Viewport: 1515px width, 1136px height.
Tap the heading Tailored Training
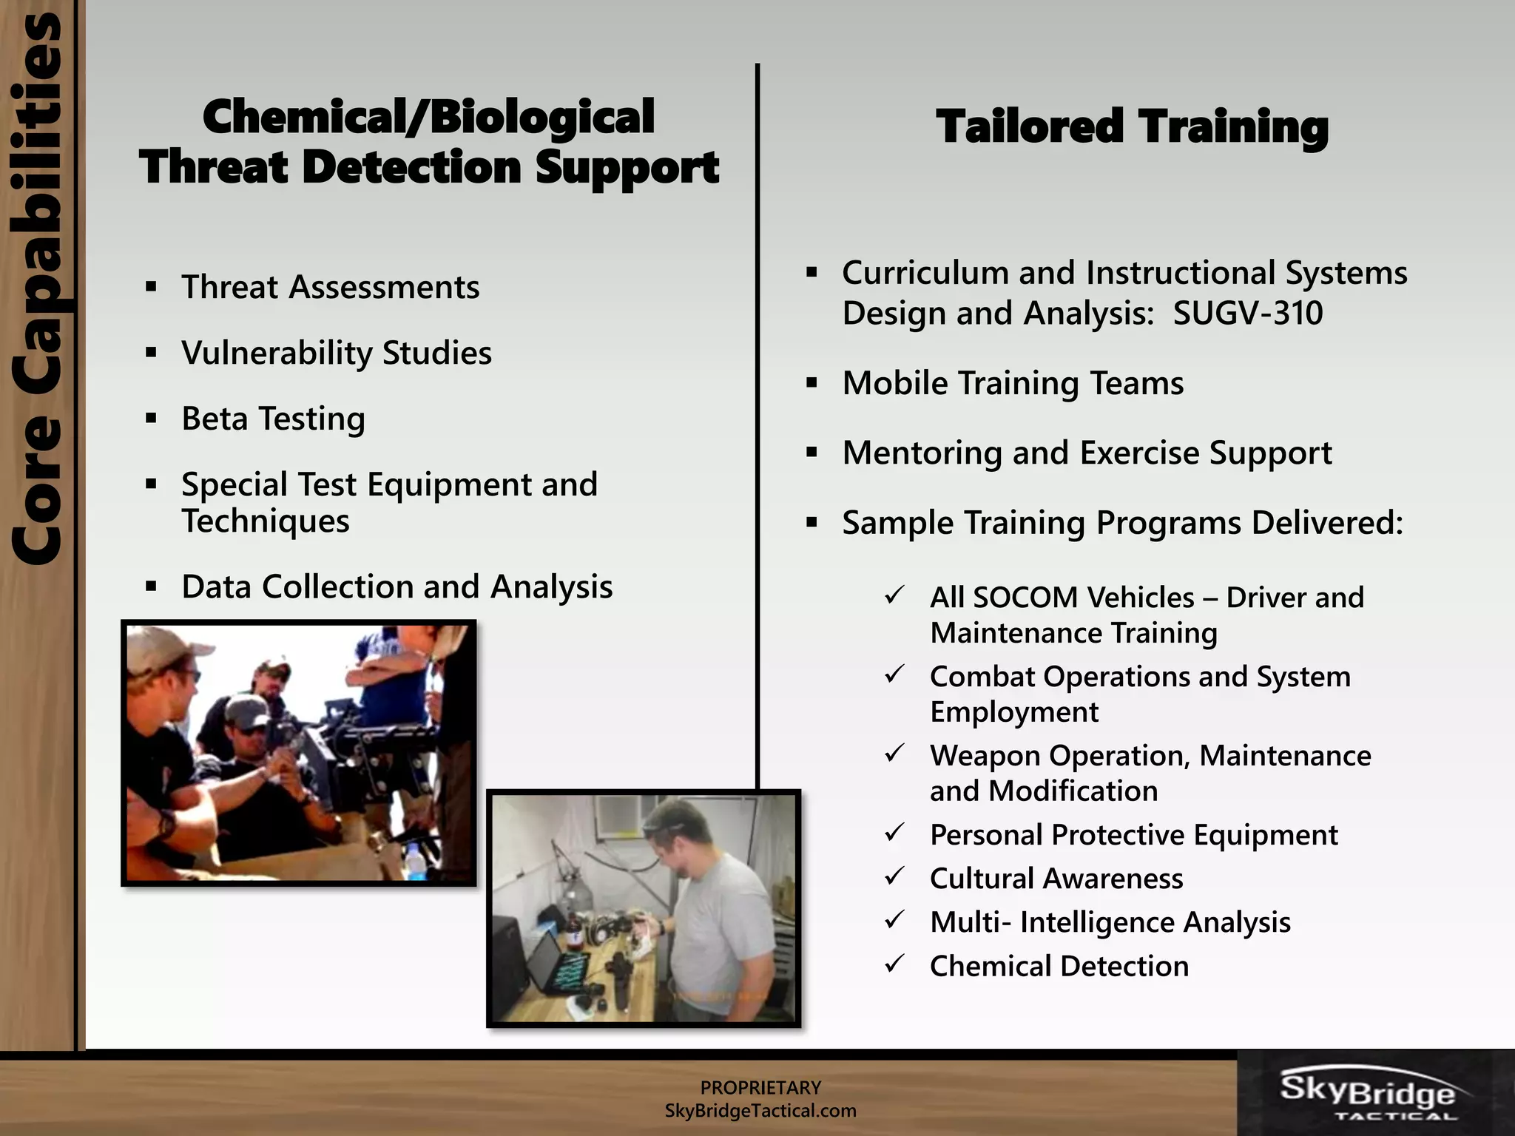[x=1132, y=127]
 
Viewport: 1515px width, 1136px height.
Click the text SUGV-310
[x=1248, y=313]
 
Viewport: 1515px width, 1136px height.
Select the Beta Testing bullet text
[x=273, y=419]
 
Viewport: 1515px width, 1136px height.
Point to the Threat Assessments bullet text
[x=330, y=287]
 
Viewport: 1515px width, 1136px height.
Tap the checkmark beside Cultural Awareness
[x=895, y=876]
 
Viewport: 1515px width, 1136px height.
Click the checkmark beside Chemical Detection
[x=895, y=964]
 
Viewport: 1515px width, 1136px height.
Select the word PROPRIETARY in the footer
[x=760, y=1088]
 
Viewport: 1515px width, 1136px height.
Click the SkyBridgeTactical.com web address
[x=760, y=1111]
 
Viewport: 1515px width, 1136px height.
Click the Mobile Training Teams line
[x=1013, y=384]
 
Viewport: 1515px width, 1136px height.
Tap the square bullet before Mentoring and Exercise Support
[x=812, y=453]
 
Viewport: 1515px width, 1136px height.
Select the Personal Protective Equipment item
[x=1133, y=835]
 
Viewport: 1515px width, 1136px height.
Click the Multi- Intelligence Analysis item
[x=1110, y=922]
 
